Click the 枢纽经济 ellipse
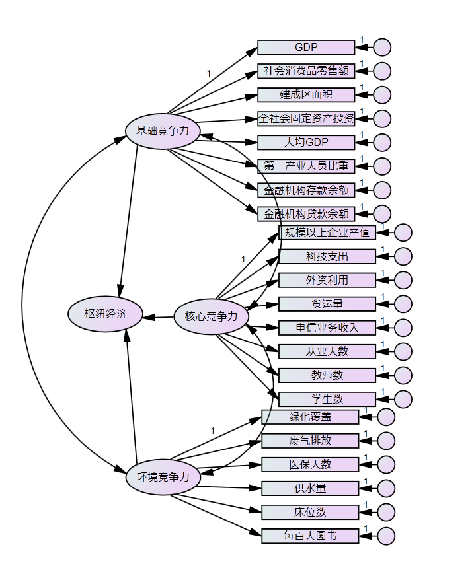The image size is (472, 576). click(x=106, y=314)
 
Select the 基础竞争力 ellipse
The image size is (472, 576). click(x=162, y=131)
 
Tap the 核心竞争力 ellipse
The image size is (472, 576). click(x=210, y=316)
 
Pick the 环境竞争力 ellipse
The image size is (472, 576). click(x=162, y=476)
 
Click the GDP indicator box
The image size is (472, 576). click(x=306, y=48)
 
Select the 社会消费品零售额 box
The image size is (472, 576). click(x=306, y=71)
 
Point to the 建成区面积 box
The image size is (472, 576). click(x=306, y=94)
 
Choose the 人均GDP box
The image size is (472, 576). click(x=306, y=142)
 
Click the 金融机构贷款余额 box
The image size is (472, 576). click(x=306, y=213)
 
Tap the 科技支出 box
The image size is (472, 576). click(x=327, y=256)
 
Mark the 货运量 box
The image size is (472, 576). click(x=327, y=304)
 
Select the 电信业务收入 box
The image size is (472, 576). click(x=327, y=328)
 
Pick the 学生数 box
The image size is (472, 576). click(x=327, y=399)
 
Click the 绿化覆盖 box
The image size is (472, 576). click(x=310, y=417)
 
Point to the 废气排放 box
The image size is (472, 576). click(x=310, y=441)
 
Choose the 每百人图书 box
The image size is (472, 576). click(x=310, y=536)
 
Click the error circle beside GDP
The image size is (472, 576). click(x=382, y=48)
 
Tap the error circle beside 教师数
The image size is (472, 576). click(x=403, y=375)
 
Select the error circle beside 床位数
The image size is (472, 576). click(x=386, y=512)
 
